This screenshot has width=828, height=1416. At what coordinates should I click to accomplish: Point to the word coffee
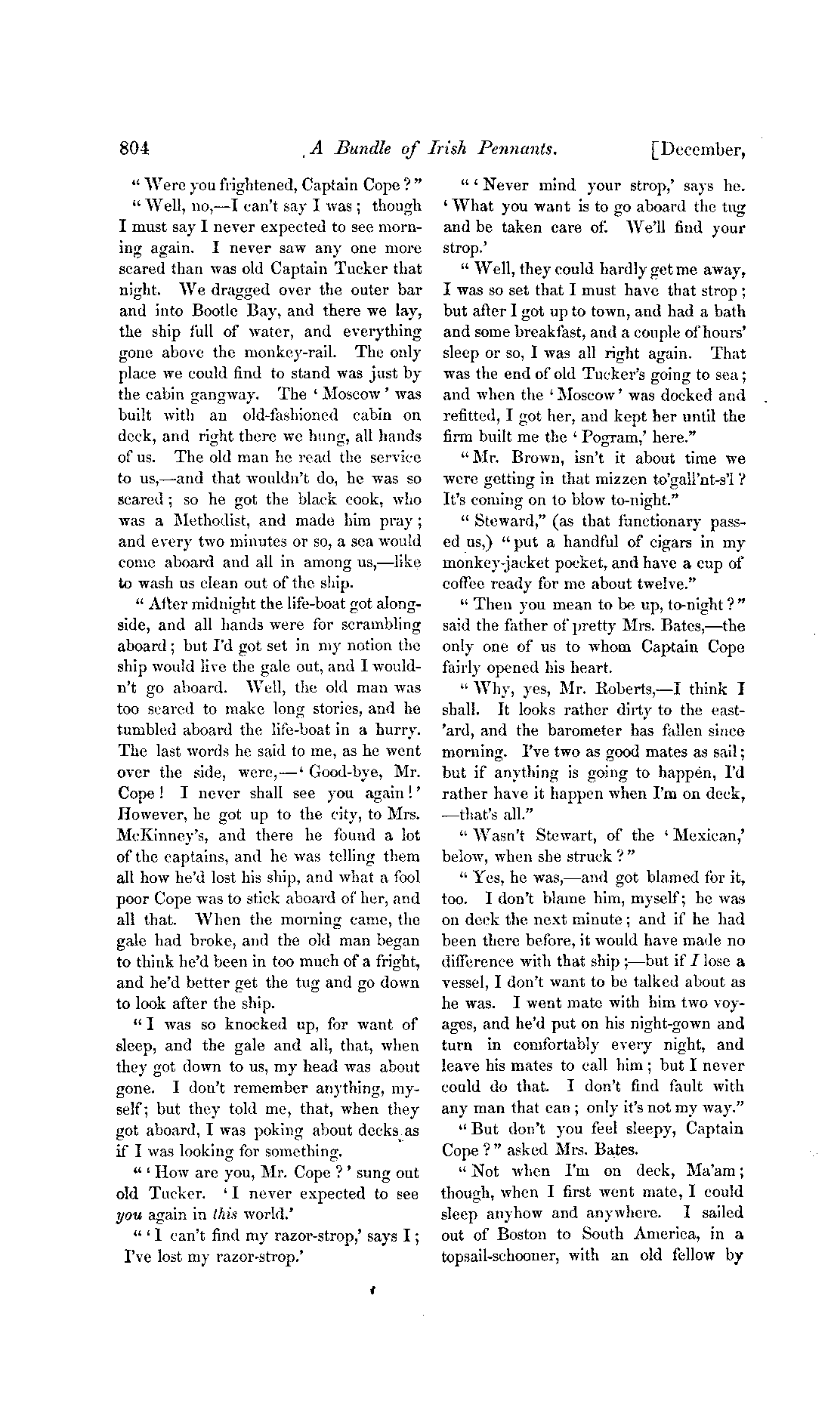pyautogui.click(x=467, y=583)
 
